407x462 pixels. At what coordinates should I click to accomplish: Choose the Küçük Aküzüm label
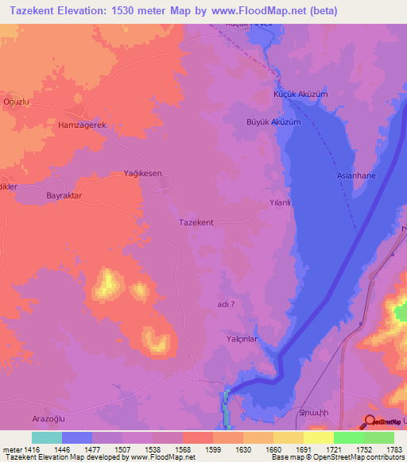pyautogui.click(x=300, y=94)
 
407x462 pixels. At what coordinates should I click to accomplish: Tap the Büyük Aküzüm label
pyautogui.click(x=273, y=122)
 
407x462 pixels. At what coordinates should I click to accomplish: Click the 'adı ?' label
pyautogui.click(x=226, y=303)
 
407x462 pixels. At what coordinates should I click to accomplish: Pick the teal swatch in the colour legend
pyautogui.click(x=46, y=437)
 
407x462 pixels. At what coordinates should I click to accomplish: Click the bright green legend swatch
pyautogui.click(x=348, y=437)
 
